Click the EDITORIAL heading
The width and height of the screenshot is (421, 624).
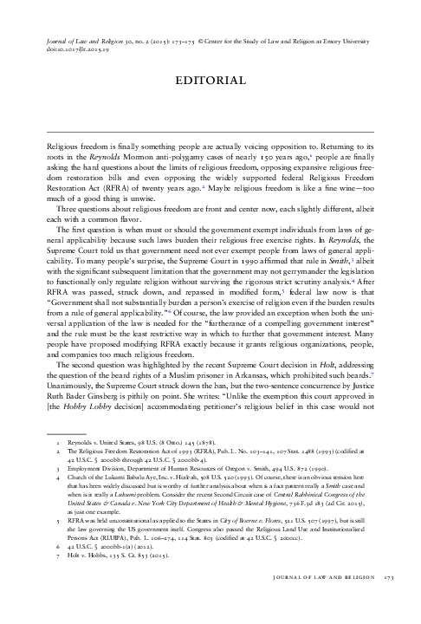[x=210, y=81]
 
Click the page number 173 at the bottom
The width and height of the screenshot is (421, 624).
[x=389, y=577]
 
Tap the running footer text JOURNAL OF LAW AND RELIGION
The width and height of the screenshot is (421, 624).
[x=324, y=577]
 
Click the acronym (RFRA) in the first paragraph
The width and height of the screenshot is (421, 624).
[x=119, y=188]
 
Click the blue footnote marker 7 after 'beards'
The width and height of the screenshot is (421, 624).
[x=372, y=374]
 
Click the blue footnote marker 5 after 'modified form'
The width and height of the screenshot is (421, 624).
[x=283, y=290]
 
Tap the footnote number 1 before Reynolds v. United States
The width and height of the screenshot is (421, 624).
[x=58, y=443]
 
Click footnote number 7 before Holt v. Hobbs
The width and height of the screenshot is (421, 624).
[x=58, y=556]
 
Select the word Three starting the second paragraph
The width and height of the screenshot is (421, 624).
[x=67, y=210]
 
